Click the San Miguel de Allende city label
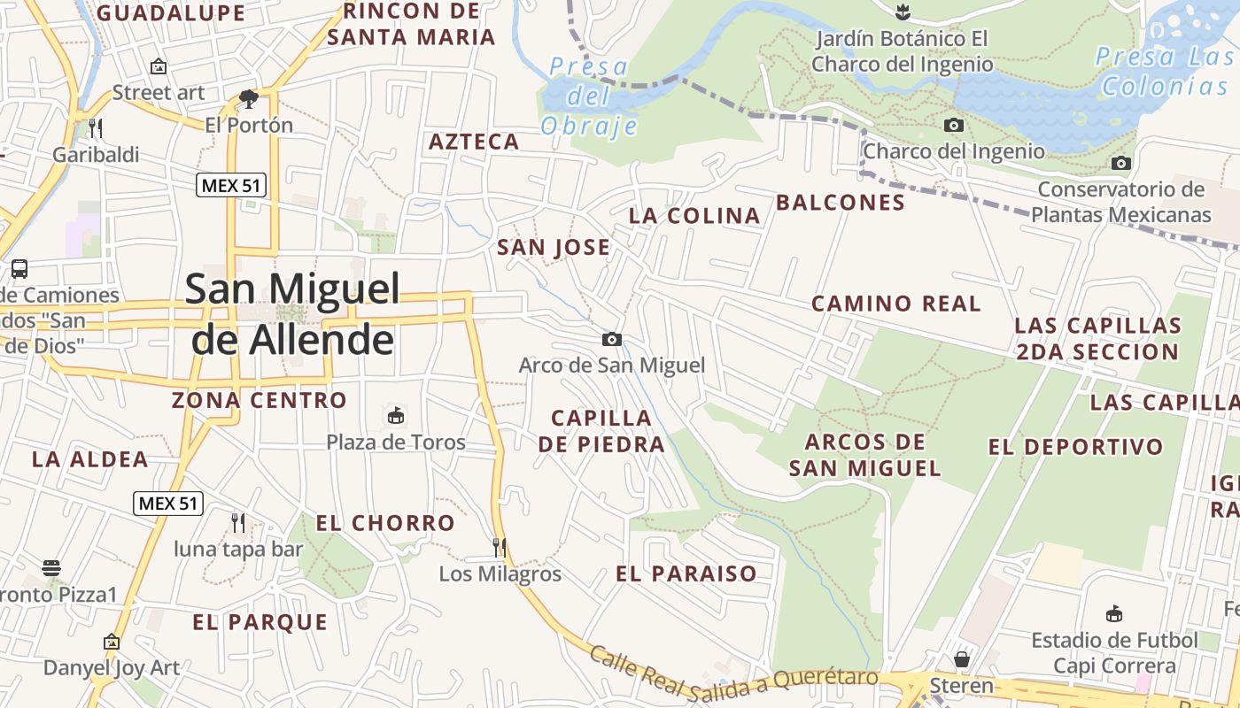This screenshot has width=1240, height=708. [292, 313]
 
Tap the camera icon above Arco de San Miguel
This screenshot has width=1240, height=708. [611, 339]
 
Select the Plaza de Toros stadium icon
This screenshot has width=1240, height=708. [396, 415]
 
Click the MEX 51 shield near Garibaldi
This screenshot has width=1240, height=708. [231, 185]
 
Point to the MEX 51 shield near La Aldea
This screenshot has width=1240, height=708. [169, 504]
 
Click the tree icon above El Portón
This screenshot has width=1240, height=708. [249, 97]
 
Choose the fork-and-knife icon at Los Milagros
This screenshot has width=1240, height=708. [500, 547]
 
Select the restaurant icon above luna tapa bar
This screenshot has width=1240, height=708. [237, 522]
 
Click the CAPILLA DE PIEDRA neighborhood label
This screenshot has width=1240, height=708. [601, 431]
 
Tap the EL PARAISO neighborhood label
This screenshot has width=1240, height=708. [686, 573]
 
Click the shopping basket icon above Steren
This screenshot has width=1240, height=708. [962, 659]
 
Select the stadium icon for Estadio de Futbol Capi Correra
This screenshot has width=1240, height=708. [1114, 613]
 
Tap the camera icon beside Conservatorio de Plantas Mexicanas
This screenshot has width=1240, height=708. [1121, 163]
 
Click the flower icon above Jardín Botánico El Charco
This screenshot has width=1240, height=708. [902, 12]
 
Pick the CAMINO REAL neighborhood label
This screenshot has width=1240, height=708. [895, 304]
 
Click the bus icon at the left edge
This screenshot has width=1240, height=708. [19, 268]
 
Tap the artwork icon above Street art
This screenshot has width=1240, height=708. [159, 66]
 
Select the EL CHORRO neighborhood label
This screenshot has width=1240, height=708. [385, 523]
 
